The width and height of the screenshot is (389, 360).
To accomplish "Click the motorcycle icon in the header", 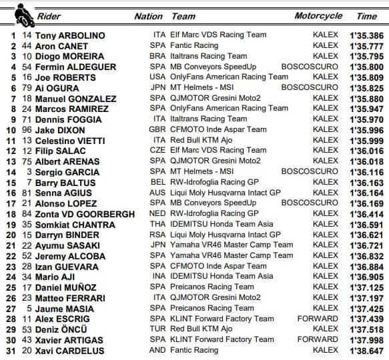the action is [21, 11].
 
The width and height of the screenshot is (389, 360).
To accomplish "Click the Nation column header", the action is [148, 16].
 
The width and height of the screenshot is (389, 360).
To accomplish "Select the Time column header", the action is [366, 16].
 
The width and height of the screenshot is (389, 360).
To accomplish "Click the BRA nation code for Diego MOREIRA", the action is [159, 57].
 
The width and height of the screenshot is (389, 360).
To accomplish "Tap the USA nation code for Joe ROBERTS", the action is [159, 77].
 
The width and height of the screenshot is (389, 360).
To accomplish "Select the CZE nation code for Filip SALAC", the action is [159, 151].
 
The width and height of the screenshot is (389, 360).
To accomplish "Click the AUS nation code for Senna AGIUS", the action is [159, 193].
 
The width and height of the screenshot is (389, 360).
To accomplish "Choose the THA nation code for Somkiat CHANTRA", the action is [159, 224].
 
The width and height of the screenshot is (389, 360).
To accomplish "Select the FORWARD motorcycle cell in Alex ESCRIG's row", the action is [318, 319].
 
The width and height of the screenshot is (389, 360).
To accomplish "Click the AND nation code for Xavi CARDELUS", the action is [158, 350].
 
